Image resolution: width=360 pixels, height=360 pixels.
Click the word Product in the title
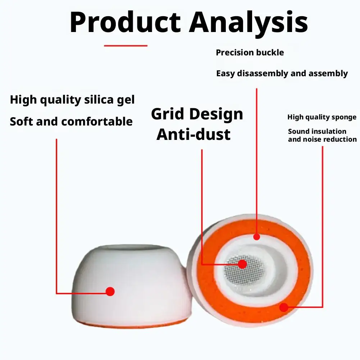(x=126, y=23)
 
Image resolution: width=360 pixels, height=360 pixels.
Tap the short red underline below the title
(x=126, y=46)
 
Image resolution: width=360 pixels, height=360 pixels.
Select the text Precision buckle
(x=250, y=53)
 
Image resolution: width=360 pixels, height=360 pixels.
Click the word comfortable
(x=97, y=122)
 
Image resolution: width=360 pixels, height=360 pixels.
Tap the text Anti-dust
(x=193, y=134)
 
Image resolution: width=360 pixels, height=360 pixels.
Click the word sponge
(x=343, y=118)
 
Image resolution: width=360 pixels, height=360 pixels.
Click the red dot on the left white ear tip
(x=110, y=291)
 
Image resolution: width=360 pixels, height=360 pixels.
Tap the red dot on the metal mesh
(x=242, y=264)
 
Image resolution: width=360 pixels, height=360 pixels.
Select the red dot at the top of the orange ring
(x=257, y=237)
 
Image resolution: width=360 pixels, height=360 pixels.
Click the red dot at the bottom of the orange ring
(x=284, y=307)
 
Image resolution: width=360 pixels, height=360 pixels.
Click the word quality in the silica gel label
(x=61, y=100)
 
